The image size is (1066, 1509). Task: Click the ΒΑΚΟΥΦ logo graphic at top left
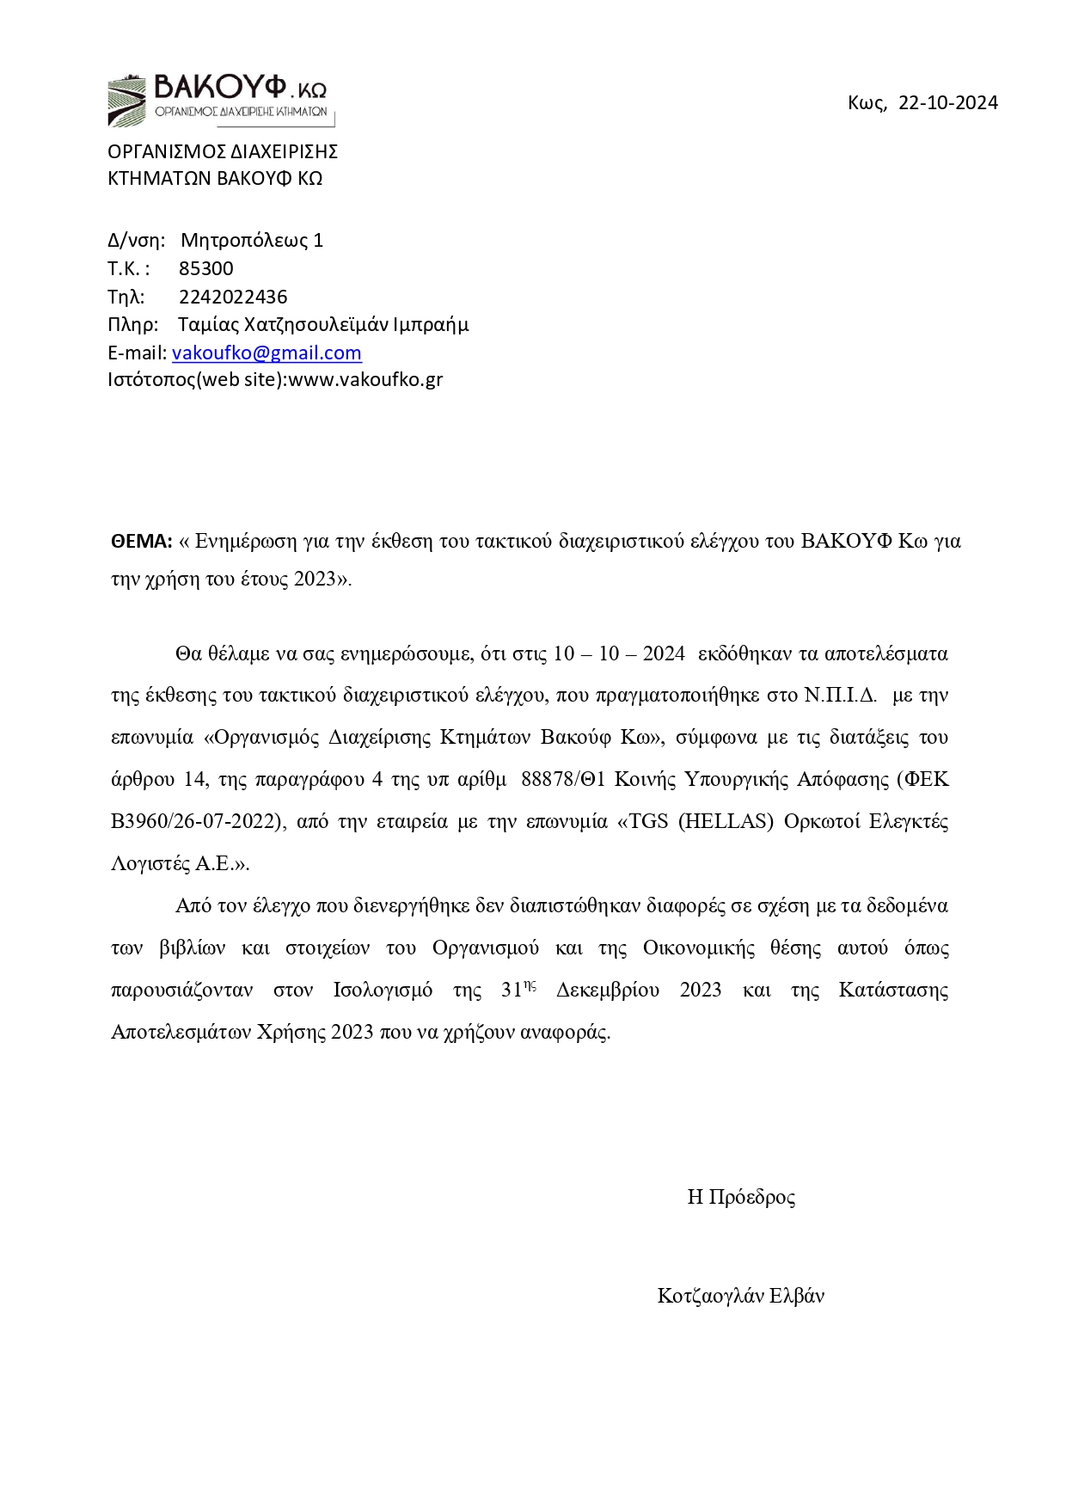[219, 99]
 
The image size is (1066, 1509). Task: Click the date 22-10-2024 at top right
[948, 103]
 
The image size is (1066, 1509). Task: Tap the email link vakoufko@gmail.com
[266, 353]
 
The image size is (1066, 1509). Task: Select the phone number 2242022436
[233, 297]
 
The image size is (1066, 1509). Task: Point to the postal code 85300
[206, 268]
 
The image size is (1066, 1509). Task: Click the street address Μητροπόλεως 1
[252, 240]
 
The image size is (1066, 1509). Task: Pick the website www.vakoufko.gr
[365, 379]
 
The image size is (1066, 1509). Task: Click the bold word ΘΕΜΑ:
[142, 541]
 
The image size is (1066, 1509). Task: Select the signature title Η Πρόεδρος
[741, 1197]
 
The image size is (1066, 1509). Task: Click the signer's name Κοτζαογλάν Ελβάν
[741, 1296]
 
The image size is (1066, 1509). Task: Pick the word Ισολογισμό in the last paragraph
[383, 990]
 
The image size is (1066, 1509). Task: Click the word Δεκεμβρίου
[608, 990]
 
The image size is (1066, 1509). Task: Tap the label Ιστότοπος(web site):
[197, 379]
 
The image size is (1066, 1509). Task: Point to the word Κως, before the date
[867, 103]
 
